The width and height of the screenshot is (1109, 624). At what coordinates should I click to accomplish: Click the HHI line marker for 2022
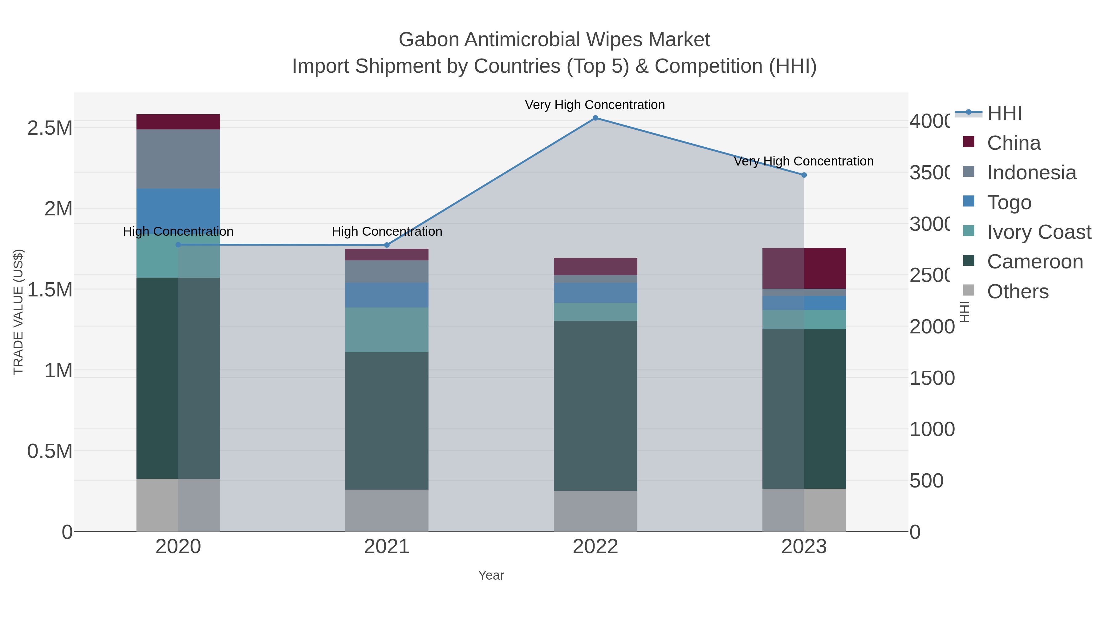[x=595, y=118]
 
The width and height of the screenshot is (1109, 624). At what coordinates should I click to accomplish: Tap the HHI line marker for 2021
[x=387, y=245]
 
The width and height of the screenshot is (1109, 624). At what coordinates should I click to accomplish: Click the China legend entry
[x=1014, y=143]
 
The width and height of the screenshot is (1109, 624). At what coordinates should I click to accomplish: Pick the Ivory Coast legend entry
[x=1038, y=232]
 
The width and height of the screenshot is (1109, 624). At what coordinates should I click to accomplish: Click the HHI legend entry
[x=1004, y=113]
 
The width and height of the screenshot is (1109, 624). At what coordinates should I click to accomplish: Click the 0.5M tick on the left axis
[x=50, y=451]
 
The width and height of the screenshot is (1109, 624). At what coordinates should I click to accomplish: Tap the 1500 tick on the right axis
[x=932, y=378]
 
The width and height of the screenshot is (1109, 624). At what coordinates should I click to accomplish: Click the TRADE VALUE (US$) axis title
[x=18, y=312]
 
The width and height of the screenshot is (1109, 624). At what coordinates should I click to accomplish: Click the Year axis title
[x=491, y=575]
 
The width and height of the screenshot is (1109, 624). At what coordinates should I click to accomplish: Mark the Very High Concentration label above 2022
[x=595, y=105]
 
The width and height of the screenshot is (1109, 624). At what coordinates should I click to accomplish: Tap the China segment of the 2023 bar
[x=804, y=268]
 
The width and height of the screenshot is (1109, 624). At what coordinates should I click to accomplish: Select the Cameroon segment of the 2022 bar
[x=595, y=405]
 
